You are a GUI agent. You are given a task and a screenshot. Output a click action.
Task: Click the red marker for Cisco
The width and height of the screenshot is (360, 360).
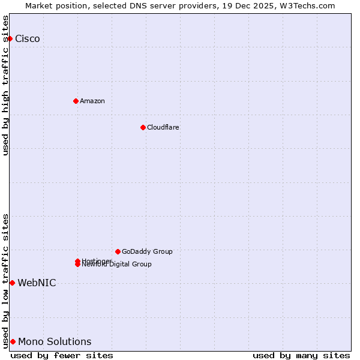10,39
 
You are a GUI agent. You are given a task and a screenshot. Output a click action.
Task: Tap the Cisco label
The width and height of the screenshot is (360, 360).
28,39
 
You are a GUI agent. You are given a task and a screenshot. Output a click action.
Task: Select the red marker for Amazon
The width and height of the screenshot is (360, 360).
76,101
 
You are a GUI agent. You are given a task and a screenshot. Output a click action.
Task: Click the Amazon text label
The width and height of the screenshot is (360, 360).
92,101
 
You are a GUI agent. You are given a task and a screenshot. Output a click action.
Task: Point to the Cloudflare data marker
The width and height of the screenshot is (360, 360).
143,127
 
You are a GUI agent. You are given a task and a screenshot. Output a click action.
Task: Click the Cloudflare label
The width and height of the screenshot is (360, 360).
163,127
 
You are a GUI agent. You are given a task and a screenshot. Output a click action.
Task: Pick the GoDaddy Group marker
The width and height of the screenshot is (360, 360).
118,251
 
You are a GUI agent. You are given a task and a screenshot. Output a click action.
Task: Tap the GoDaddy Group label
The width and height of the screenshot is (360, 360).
147,251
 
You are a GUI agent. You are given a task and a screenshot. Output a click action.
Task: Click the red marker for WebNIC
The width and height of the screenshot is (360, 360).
12,283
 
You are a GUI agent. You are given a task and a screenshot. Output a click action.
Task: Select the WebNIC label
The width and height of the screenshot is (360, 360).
37,283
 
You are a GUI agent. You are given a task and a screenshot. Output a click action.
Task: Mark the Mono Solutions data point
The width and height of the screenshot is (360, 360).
13,341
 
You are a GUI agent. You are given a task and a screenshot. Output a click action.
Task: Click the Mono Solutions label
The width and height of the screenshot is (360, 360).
55,342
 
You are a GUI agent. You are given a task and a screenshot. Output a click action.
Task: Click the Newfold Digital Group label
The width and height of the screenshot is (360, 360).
118,265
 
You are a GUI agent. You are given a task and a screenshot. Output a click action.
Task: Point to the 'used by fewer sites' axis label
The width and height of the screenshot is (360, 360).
62,355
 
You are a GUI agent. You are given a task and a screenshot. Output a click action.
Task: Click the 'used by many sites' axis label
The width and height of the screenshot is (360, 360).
301,355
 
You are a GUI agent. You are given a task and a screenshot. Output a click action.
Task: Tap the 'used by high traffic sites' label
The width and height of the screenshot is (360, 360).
6,85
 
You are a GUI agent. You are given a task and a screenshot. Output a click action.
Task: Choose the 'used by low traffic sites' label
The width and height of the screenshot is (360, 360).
6,281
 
